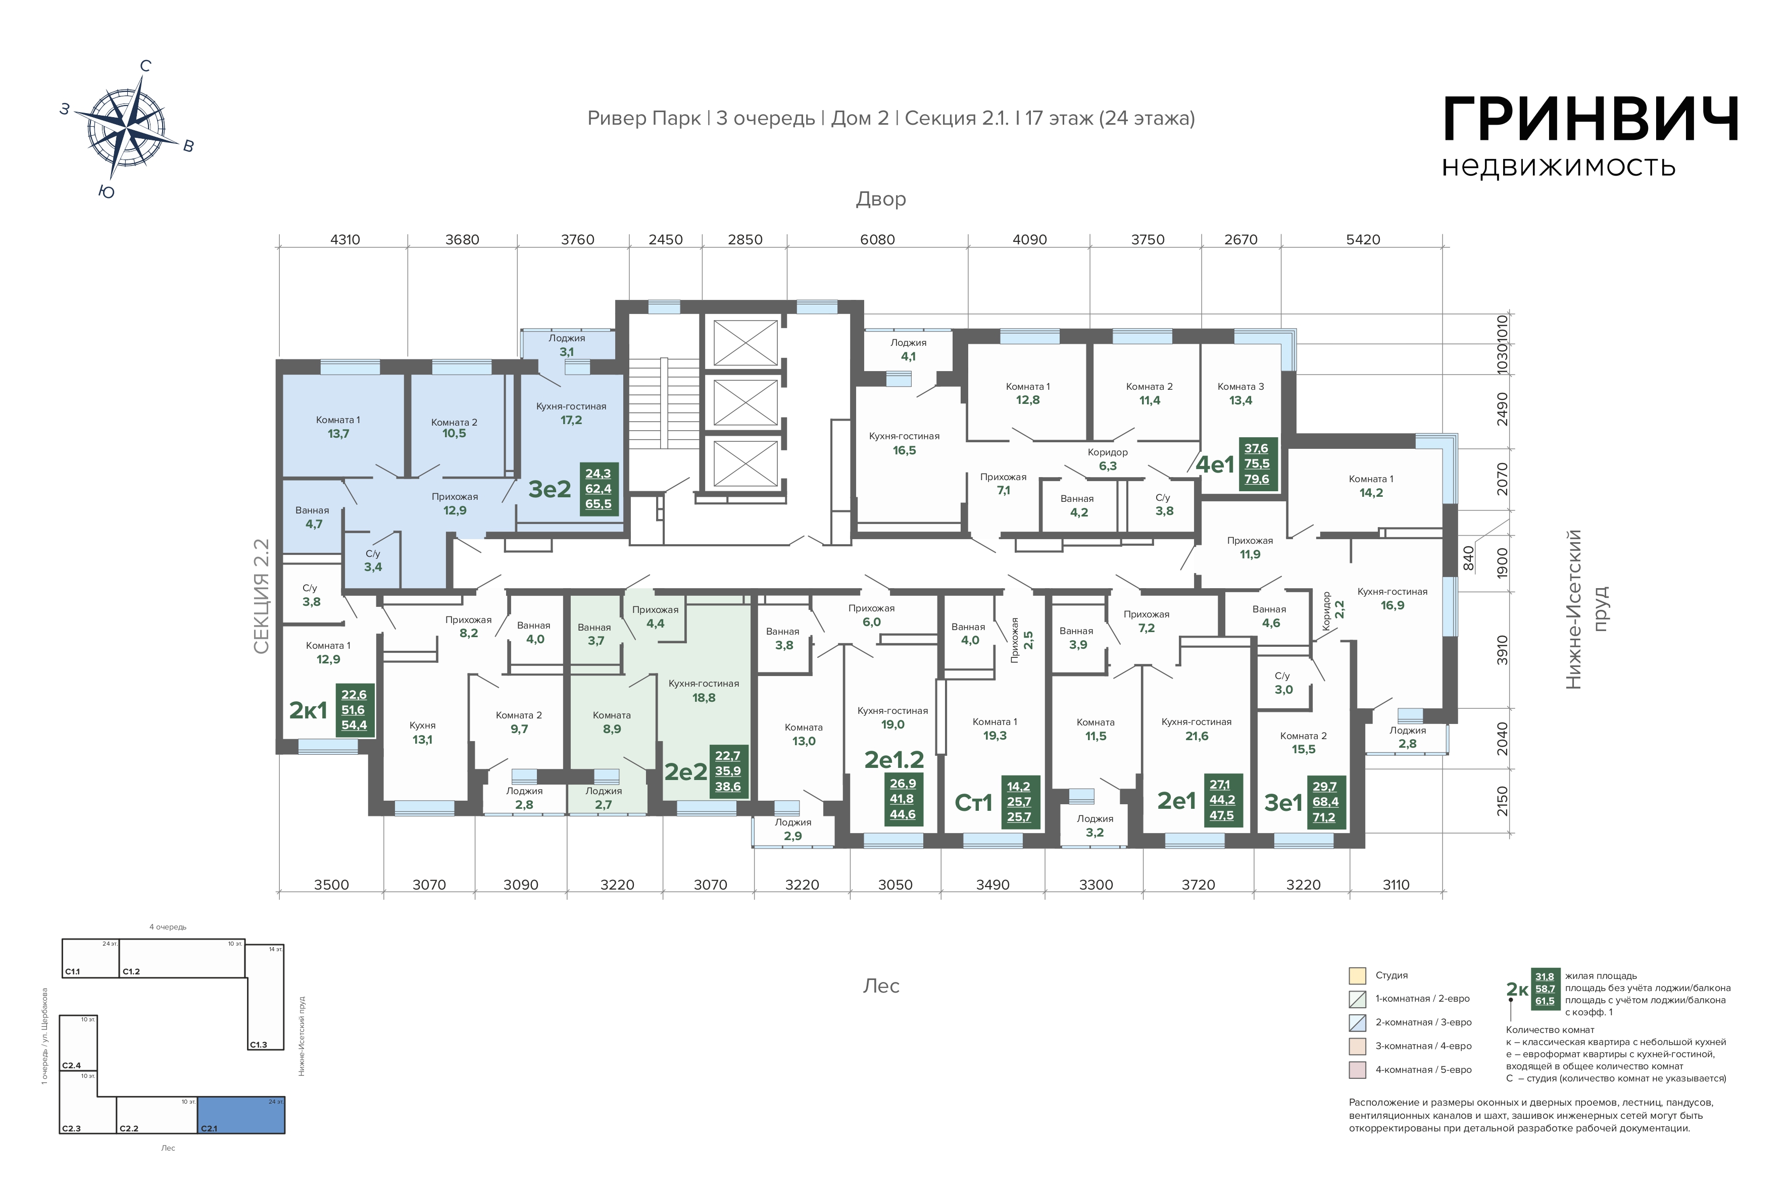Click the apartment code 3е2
pos(550,489)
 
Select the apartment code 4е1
pos(1215,464)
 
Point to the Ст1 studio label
pos(973,803)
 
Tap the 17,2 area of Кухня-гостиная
pos(571,420)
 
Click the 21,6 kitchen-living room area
pos(1197,736)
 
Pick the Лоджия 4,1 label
pos(908,350)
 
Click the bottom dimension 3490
pos(992,885)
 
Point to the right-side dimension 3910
pos(1502,650)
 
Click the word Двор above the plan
pos(880,199)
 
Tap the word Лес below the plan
pos(881,986)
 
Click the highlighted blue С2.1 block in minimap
pos(241,1115)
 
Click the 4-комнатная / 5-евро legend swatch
pos(1357,1070)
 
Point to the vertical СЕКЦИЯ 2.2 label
pos(261,597)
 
